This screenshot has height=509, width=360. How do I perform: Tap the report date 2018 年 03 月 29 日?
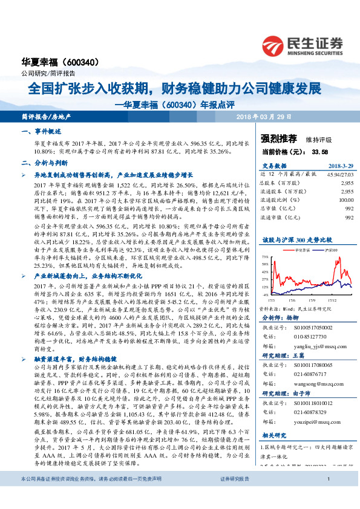click(x=264, y=115)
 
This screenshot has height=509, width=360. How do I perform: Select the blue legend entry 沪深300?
click(x=329, y=249)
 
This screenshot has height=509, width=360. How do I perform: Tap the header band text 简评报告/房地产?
click(x=45, y=115)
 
